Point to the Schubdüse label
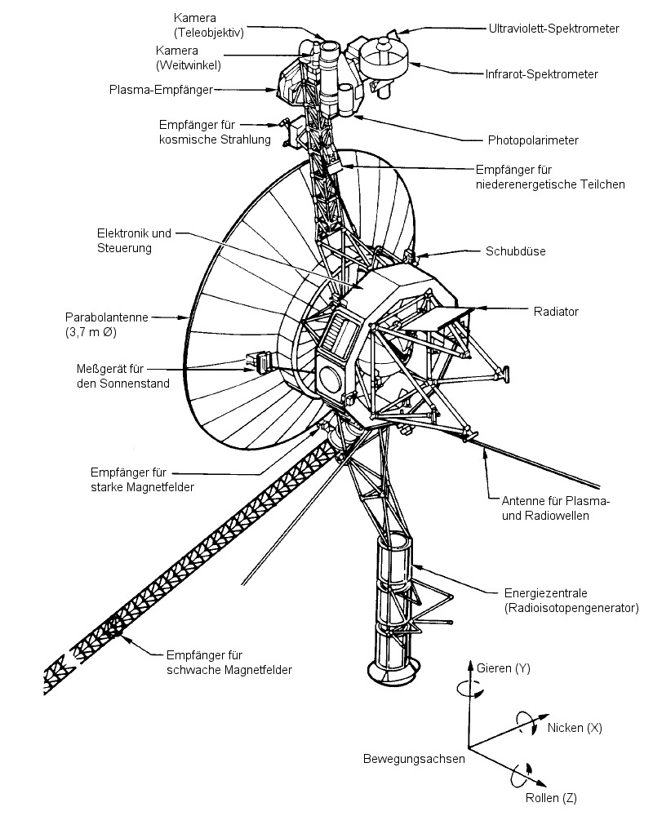pos(516,251)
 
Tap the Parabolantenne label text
pos(106,317)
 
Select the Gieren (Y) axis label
pos(504,669)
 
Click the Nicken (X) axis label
pos(575,727)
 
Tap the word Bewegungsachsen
pos(414,759)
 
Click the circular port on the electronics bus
pos(331,377)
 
